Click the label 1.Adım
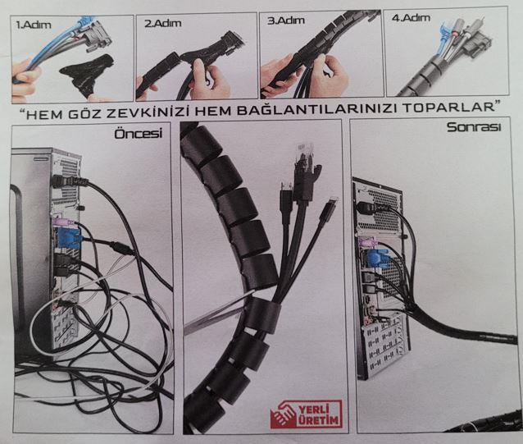(34, 25)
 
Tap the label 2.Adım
(163, 23)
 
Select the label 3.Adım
(286, 21)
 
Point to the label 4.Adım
(411, 17)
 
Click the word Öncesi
(138, 134)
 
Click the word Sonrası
(474, 127)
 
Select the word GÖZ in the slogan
(84, 113)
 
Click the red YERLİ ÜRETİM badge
(306, 414)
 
